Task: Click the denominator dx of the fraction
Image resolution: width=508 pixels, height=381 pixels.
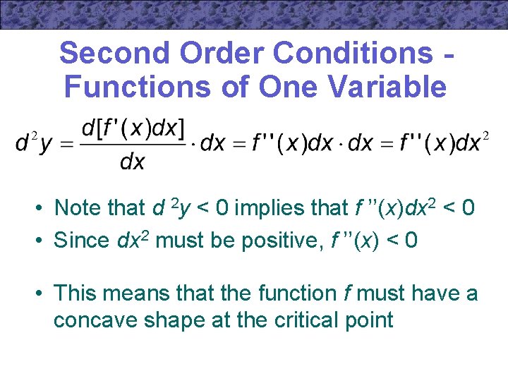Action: coord(133,162)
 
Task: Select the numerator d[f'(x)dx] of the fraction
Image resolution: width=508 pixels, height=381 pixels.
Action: coord(133,129)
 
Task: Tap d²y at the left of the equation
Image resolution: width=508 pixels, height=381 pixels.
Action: coord(34,143)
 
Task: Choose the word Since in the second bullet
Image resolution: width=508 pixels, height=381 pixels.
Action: coord(81,241)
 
